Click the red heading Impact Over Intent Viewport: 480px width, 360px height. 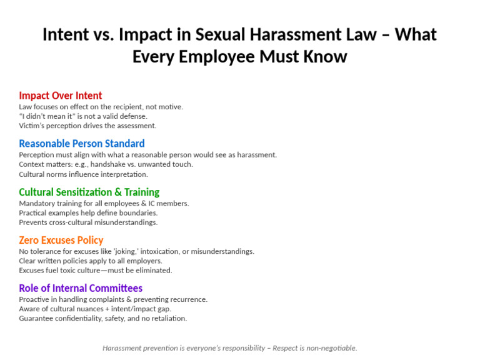[x=60, y=96]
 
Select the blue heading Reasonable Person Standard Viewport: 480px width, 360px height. [x=81, y=144]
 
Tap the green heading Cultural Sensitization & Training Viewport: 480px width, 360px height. [x=89, y=192]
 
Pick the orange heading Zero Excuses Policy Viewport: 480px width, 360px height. [x=61, y=240]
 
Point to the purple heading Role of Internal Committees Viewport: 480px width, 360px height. [x=81, y=288]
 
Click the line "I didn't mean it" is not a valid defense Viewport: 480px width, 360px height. [x=82, y=116]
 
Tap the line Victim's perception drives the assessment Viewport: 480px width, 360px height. [x=87, y=126]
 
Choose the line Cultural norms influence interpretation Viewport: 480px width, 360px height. [x=83, y=174]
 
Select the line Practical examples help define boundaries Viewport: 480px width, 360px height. [x=87, y=213]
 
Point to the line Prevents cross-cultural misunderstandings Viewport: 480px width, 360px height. [x=88, y=222]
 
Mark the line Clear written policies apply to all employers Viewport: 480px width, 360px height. [x=90, y=261]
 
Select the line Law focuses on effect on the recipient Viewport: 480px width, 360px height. [x=101, y=107]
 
